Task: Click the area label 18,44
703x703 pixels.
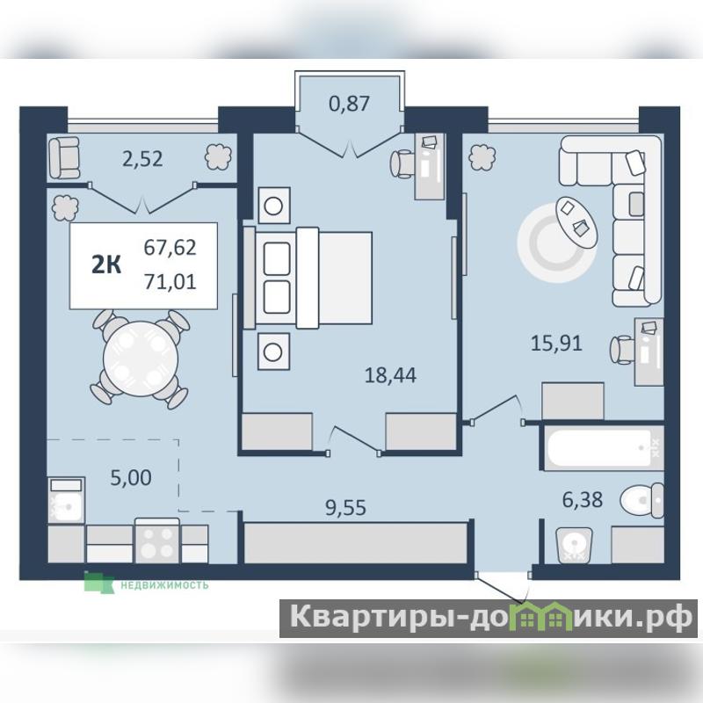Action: pos(390,375)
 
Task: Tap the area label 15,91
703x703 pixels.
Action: pos(556,344)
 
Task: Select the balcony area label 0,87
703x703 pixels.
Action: pos(349,104)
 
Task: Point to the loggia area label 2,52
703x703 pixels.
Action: pos(142,159)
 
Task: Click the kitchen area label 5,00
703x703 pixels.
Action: pos(131,478)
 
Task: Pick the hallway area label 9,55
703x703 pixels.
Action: pos(345,508)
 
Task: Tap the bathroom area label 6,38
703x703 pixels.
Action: pos(583,499)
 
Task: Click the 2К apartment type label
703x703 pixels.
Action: pos(106,265)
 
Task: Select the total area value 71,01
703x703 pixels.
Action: pos(170,282)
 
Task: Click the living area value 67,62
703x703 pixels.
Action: pos(170,248)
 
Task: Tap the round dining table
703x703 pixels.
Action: pos(141,359)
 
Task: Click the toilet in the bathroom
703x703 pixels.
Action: pos(642,500)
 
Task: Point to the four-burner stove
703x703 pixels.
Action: pos(157,540)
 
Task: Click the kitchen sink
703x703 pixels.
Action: pos(66,500)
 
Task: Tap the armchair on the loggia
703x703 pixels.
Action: pos(63,158)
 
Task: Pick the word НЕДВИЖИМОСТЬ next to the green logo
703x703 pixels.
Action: pos(164,584)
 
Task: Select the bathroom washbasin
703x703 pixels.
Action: pos(574,545)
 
